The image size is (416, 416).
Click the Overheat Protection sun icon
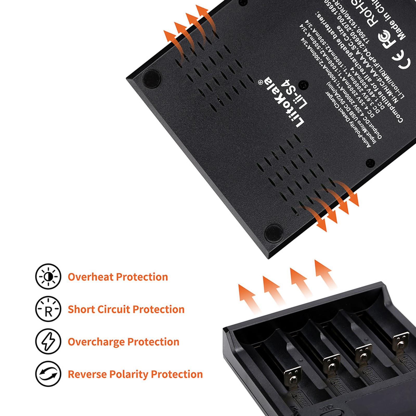(x=48, y=276)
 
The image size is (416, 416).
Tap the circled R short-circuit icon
(x=48, y=309)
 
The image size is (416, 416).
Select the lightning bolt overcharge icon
(x=48, y=342)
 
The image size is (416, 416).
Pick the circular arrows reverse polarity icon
(x=48, y=374)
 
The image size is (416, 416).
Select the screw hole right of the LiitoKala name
(x=303, y=84)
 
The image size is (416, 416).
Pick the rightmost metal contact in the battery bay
(x=401, y=341)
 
